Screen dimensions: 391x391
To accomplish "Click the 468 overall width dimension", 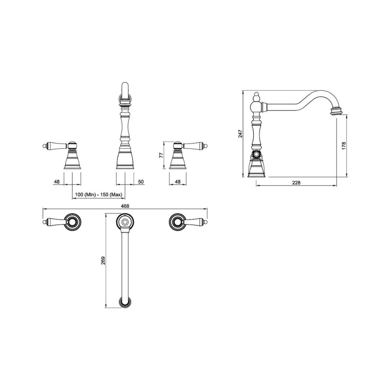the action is tap(125, 206).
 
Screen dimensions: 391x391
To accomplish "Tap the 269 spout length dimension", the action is tap(104, 260).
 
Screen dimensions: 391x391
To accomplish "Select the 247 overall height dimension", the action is tap(240, 134).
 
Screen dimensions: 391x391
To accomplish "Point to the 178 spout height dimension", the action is tap(344, 145).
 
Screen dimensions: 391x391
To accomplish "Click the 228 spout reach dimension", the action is tap(296, 183).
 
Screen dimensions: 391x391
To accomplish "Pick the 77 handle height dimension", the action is tap(161, 155).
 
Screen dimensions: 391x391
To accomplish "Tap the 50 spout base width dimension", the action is tap(141, 181).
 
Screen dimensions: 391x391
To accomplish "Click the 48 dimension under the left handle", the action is tap(57, 181).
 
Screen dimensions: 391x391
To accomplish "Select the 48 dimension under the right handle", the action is tap(178, 181).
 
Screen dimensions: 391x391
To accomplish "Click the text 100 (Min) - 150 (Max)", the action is tap(99, 194).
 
